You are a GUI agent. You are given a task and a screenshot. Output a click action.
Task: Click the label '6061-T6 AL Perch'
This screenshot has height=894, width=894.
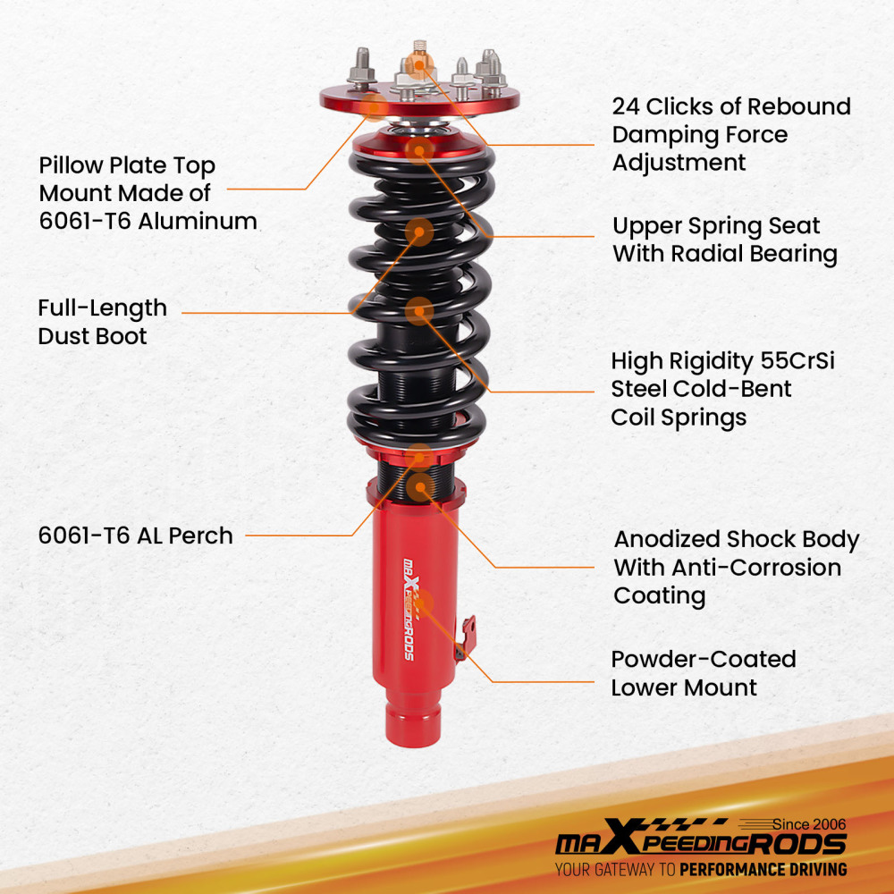coord(135,536)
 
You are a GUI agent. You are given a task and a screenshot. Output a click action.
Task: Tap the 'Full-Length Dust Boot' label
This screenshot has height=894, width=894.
coord(102,322)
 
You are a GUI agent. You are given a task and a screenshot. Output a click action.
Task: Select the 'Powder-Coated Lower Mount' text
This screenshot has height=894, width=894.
coord(703,673)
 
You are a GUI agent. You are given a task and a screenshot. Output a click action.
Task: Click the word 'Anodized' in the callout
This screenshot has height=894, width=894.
coord(666,540)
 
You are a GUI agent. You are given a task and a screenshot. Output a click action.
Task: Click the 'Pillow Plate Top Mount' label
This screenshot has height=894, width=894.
coord(127,179)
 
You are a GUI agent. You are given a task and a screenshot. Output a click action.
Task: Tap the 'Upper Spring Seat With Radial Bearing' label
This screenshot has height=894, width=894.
coord(724,240)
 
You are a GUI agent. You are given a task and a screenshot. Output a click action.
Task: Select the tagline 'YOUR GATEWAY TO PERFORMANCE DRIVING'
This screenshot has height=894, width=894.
coord(700,869)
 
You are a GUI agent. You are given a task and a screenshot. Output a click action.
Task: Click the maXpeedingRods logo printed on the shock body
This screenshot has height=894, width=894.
coord(409,608)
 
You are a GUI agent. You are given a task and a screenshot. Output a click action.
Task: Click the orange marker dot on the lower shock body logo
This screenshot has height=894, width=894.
coord(417,601)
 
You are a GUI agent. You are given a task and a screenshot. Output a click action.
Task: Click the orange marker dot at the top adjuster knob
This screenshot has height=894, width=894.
coord(416,63)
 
